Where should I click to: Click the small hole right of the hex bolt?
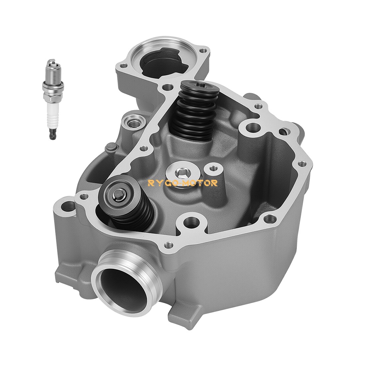210,168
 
